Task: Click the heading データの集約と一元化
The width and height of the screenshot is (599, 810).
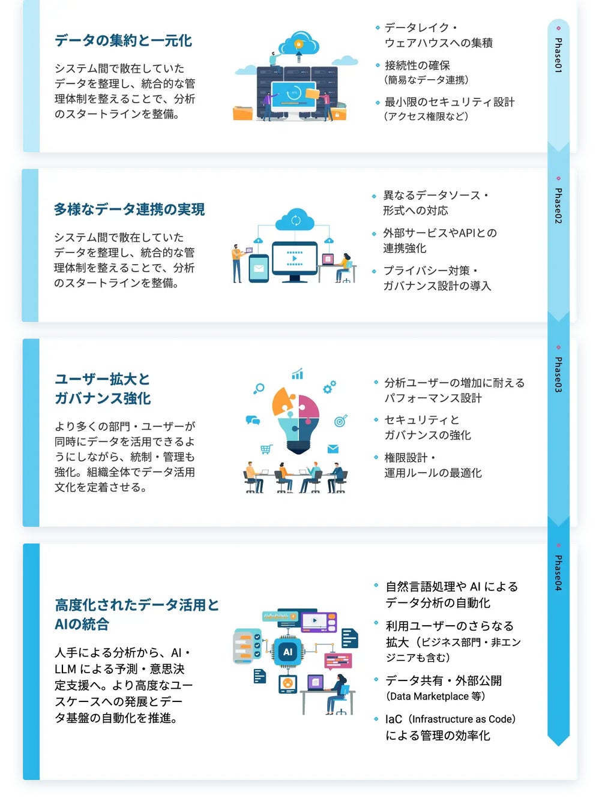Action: coord(123,41)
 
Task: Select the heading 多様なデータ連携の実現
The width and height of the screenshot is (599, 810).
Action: coord(129,209)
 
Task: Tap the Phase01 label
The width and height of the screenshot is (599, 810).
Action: coord(558,55)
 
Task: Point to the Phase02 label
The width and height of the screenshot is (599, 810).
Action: coord(558,206)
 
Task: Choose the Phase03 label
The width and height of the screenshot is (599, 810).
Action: coord(558,374)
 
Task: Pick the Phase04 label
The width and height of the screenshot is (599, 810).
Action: coord(558,572)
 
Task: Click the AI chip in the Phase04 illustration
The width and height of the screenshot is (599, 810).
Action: coord(288,652)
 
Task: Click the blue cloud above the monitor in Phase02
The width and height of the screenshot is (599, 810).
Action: coord(295,220)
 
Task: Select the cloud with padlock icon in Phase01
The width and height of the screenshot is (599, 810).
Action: coord(299,44)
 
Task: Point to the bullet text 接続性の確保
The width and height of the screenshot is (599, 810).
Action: coord(417,65)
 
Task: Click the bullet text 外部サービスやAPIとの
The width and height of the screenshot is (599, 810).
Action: coord(440,233)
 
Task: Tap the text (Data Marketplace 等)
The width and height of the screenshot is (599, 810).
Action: coord(435,696)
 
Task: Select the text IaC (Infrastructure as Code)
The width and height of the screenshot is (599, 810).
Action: coord(450,719)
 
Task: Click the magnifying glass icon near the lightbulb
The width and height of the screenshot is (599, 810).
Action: coord(259,389)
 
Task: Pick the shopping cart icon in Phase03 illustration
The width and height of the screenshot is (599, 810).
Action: coord(266,449)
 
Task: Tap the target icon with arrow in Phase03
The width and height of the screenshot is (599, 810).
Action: coord(340,421)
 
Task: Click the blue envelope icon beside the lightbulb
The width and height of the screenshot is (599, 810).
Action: coord(333,449)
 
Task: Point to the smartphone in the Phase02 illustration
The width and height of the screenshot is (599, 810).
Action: coord(259,269)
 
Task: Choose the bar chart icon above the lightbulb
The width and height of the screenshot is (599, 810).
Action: coord(297,375)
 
